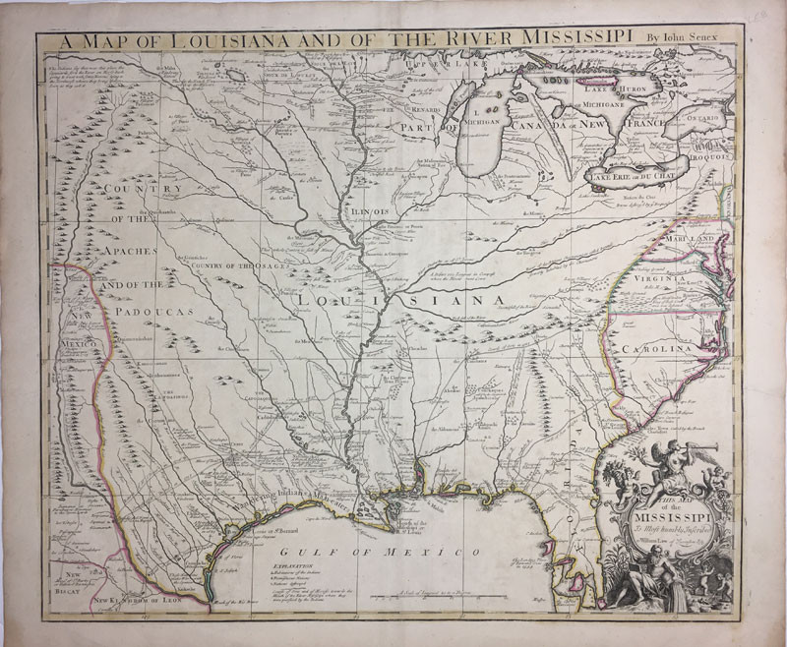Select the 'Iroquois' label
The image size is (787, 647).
click(x=709, y=155)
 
